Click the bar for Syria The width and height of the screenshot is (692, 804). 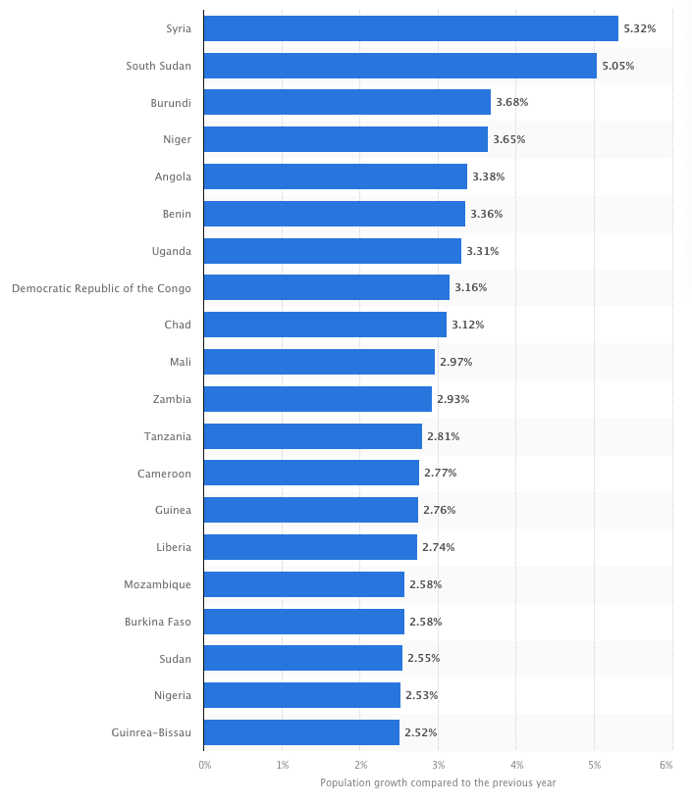pyautogui.click(x=410, y=28)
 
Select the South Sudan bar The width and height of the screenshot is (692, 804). pyautogui.click(x=399, y=66)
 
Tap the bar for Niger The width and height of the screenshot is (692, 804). pyautogui.click(x=346, y=139)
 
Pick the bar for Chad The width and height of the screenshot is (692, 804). pyautogui.click(x=325, y=325)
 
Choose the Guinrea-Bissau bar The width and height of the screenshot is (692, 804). pyautogui.click(x=301, y=732)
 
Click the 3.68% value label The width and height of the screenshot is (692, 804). pyautogui.click(x=511, y=102)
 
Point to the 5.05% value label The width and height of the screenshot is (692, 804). pyautogui.click(x=617, y=66)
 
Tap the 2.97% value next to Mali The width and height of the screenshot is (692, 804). pyautogui.click(x=455, y=362)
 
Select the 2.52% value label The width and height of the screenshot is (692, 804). pyautogui.click(x=420, y=732)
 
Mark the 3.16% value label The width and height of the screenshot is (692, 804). pyautogui.click(x=470, y=287)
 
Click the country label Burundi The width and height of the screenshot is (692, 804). pyautogui.click(x=171, y=102)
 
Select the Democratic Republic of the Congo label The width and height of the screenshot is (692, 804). pyautogui.click(x=101, y=287)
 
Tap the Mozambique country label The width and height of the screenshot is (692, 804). pyautogui.click(x=157, y=584)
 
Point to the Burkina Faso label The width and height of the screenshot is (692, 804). pyautogui.click(x=158, y=622)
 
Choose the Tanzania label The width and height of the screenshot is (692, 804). pyautogui.click(x=168, y=436)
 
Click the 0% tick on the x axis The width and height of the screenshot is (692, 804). pyautogui.click(x=204, y=764)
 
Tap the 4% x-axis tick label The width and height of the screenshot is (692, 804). pyautogui.click(x=516, y=764)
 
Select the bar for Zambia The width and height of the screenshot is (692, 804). pyautogui.click(x=317, y=399)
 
